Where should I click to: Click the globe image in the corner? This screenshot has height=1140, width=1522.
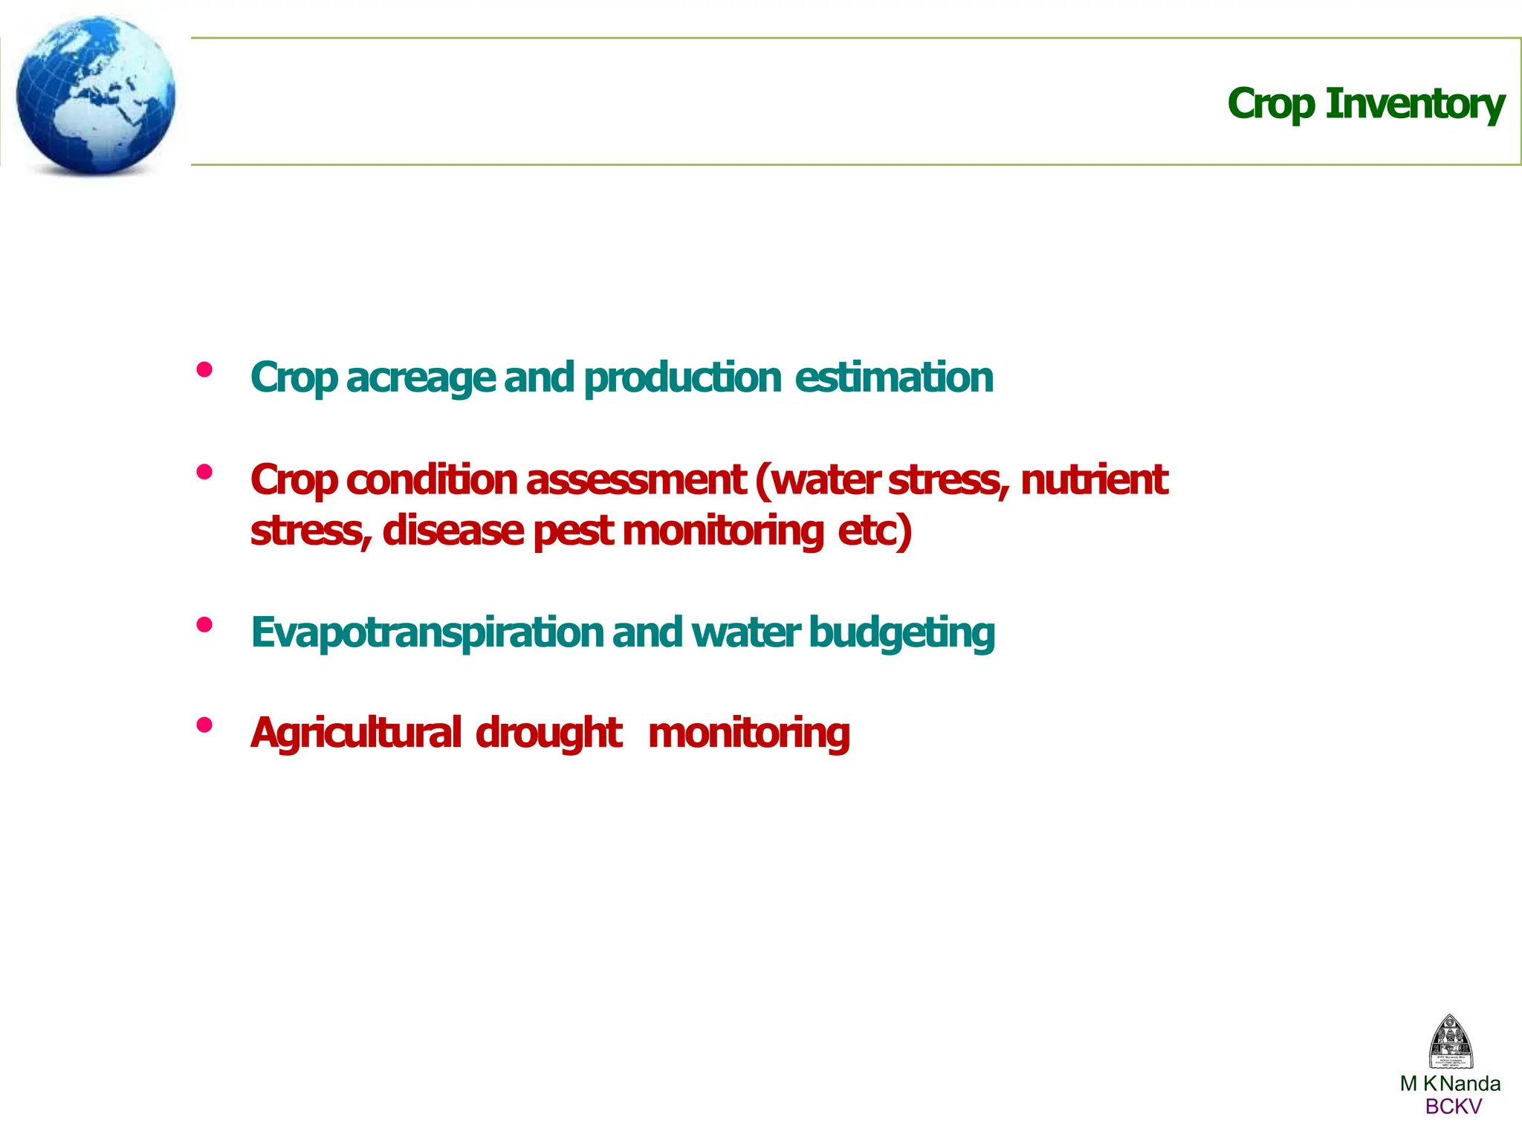95,95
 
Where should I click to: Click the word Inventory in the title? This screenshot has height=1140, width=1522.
1415,104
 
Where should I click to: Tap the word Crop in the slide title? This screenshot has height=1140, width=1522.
1271,104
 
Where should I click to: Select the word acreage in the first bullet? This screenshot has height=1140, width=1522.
421,378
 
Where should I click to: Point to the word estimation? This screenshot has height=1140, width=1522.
894,378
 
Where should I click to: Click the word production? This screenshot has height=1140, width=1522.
682,378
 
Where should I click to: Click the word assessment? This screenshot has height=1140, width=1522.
636,480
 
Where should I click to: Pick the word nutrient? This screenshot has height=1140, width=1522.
1094,480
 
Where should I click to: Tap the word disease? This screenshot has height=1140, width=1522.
453,531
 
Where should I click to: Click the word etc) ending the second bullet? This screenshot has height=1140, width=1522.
875,531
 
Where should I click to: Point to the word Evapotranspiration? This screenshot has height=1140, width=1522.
427,633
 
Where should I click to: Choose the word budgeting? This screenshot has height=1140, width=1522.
901,633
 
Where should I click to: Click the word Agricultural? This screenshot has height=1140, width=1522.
356,734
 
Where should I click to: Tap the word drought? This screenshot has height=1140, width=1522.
548,734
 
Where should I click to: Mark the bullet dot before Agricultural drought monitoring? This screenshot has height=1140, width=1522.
204,725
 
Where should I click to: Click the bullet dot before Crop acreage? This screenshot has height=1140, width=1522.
204,369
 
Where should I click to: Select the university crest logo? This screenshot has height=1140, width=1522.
1451,1042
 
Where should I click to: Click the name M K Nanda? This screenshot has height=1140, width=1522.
1450,1084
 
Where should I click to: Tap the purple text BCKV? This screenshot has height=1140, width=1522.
1453,1107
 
